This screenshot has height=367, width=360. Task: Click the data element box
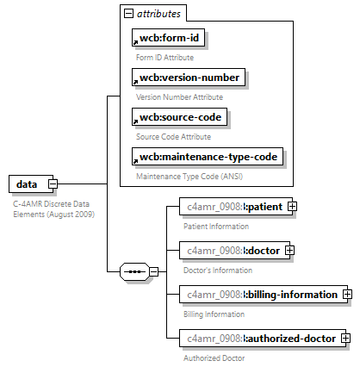click(27, 184)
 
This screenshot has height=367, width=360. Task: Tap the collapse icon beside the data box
click(53, 184)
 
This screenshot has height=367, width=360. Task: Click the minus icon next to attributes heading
click(129, 14)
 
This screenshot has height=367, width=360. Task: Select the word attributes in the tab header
click(161, 14)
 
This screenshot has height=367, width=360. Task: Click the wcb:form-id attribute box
click(170, 39)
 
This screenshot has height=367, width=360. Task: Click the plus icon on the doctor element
click(289, 250)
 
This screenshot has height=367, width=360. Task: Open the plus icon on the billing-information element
click(347, 294)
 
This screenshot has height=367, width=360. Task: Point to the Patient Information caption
click(217, 226)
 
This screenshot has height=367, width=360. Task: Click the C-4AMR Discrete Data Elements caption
click(54, 208)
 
